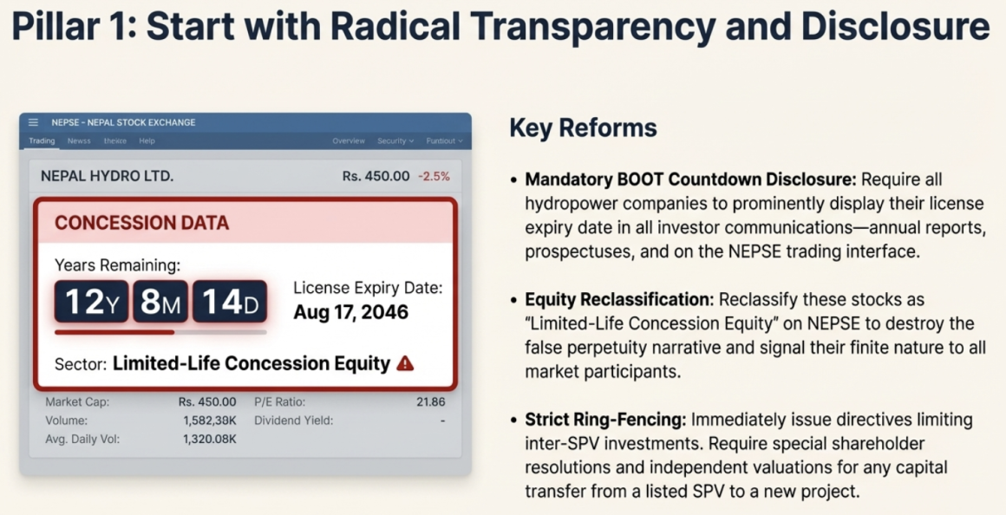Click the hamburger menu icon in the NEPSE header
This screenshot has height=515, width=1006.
click(33, 122)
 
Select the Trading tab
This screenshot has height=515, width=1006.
click(42, 141)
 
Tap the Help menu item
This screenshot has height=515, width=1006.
click(147, 141)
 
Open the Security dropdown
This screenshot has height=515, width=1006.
click(395, 141)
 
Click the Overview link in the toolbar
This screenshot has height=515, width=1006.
click(349, 141)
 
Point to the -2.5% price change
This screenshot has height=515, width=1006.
click(434, 176)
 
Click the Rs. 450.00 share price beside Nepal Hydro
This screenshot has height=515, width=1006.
click(376, 176)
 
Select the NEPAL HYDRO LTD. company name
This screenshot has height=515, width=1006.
click(108, 176)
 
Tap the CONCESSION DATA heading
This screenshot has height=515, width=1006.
click(141, 223)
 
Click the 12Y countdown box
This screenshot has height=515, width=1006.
click(91, 302)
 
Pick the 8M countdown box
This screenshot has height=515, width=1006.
click(160, 302)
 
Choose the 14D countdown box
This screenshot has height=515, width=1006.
click(230, 302)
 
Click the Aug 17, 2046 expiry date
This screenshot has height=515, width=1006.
click(351, 312)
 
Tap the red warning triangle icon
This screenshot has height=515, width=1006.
click(405, 363)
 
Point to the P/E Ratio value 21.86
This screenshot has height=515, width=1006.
click(430, 402)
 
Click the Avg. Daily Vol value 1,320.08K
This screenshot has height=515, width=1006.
click(210, 440)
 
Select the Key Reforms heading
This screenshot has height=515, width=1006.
click(583, 127)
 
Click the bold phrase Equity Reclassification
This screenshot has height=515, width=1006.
click(619, 299)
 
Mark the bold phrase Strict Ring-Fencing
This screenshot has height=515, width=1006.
click(606, 420)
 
